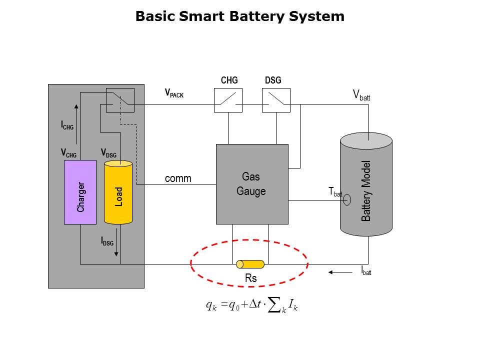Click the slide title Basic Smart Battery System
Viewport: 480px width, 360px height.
pyautogui.click(x=240, y=16)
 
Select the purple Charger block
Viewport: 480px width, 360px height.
pyautogui.click(x=80, y=192)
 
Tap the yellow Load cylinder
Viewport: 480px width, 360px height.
pyautogui.click(x=118, y=192)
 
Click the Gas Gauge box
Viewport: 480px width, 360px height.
pyautogui.click(x=252, y=184)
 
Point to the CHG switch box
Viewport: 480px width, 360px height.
pyautogui.click(x=228, y=100)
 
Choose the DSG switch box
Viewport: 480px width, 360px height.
pyautogui.click(x=276, y=100)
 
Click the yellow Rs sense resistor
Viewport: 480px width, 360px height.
pyautogui.click(x=250, y=264)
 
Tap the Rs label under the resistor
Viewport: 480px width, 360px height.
pyautogui.click(x=250, y=279)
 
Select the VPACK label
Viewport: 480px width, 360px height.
pyautogui.click(x=174, y=93)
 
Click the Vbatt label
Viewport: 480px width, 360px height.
pyautogui.click(x=361, y=95)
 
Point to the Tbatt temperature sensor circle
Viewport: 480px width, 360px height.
pyautogui.click(x=347, y=200)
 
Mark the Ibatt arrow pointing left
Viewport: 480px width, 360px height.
pyautogui.click(x=340, y=272)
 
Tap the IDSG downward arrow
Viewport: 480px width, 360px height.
pyautogui.click(x=116, y=242)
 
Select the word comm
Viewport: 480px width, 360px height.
pyautogui.click(x=178, y=178)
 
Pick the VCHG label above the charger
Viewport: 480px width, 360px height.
pyautogui.click(x=68, y=152)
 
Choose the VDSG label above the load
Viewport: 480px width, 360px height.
pyautogui.click(x=108, y=152)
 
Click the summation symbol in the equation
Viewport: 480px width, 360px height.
pyautogui.click(x=274, y=306)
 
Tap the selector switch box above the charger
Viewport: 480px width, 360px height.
pyautogui.click(x=120, y=100)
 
